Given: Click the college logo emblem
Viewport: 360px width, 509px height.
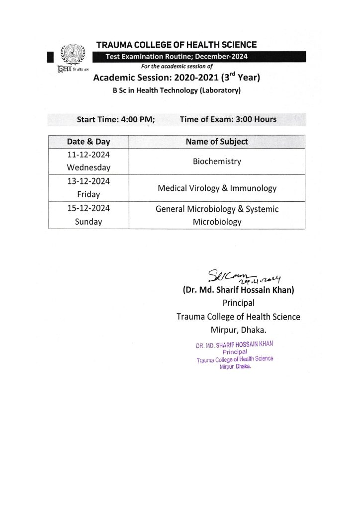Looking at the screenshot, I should pyautogui.click(x=69, y=55).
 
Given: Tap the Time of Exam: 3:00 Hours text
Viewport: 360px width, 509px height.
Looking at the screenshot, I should pyautogui.click(x=228, y=119).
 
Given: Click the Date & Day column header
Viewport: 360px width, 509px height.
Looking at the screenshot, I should pyautogui.click(x=89, y=142).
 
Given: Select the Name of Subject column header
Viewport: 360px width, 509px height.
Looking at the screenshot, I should pyautogui.click(x=216, y=142).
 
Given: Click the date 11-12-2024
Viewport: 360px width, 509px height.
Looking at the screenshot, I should pyautogui.click(x=89, y=155).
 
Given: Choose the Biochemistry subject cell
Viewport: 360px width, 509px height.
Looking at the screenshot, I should pyautogui.click(x=216, y=162).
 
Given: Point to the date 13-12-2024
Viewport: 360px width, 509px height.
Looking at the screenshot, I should pyautogui.click(x=89, y=181).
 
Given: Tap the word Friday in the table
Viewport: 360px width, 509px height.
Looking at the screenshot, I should pyautogui.click(x=89, y=194).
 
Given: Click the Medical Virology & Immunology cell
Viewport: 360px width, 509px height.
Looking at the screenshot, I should pyautogui.click(x=216, y=188).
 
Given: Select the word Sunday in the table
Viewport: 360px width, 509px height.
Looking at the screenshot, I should pyautogui.click(x=89, y=222).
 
